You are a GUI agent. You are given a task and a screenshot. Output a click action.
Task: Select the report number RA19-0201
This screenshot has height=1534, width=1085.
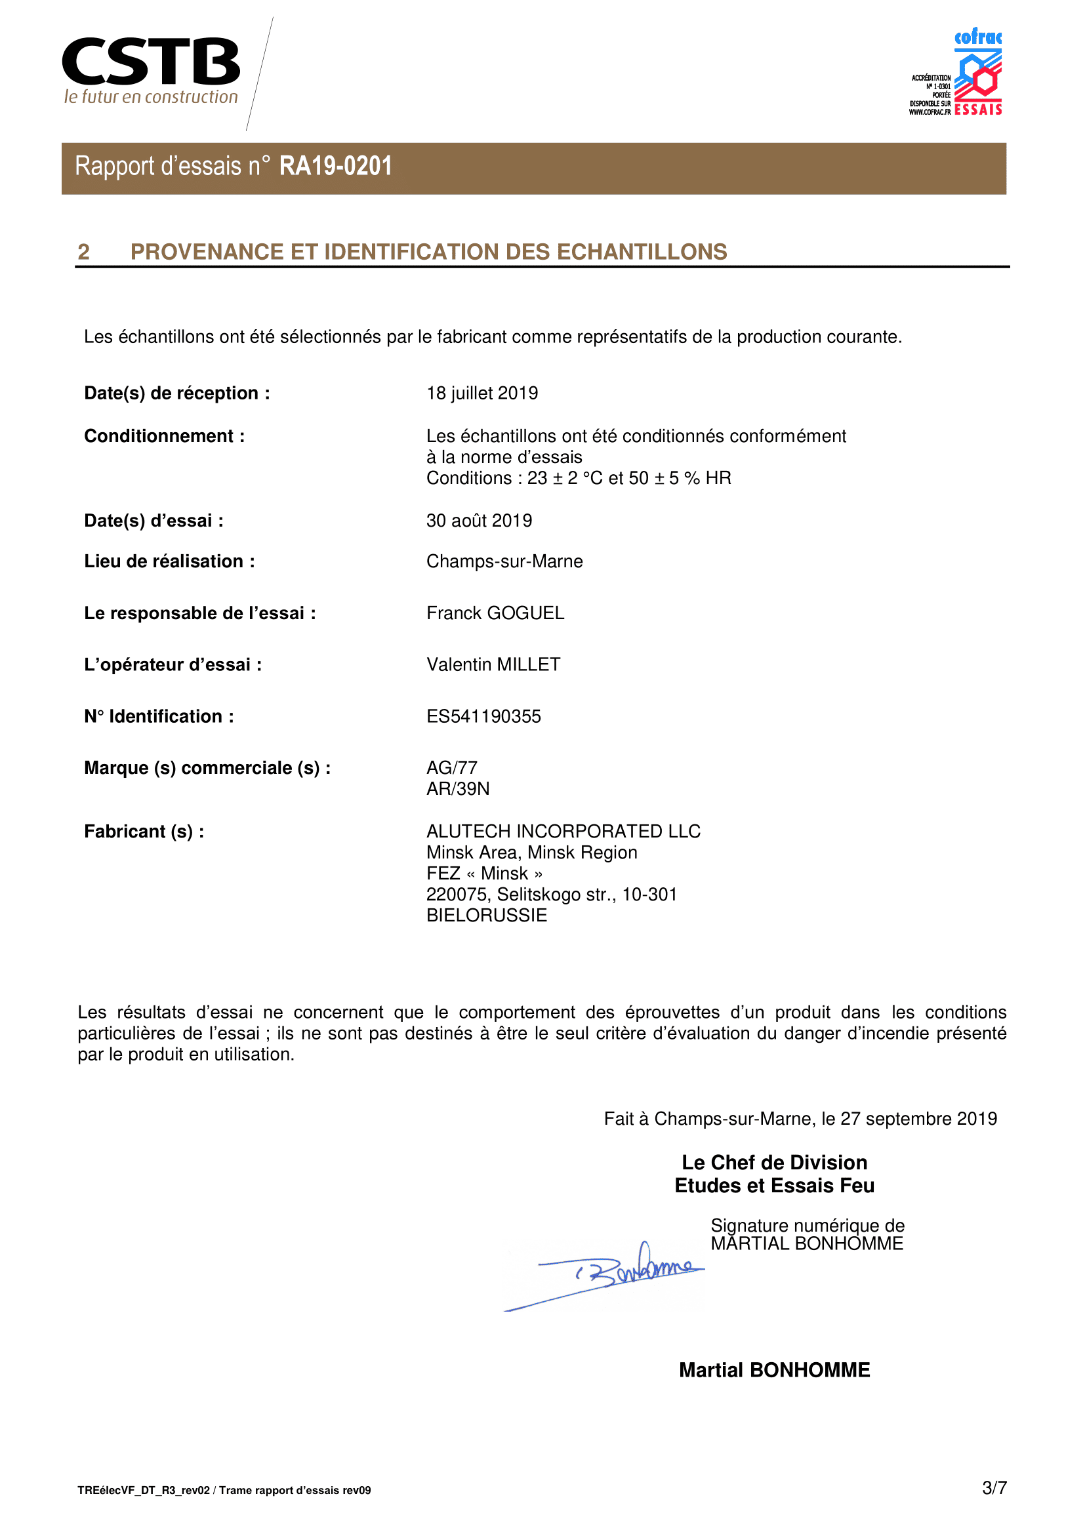pos(335,167)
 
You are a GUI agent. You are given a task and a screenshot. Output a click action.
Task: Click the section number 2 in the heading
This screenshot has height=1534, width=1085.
pos(83,252)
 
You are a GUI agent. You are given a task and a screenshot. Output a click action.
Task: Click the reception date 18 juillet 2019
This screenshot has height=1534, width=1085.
pos(481,393)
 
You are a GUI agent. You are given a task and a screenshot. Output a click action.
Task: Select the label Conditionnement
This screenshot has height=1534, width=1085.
pos(165,436)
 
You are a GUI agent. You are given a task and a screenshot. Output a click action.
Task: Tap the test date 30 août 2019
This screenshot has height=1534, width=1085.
pos(479,521)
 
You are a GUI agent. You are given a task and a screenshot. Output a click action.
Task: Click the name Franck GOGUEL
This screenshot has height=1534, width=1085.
pos(495,613)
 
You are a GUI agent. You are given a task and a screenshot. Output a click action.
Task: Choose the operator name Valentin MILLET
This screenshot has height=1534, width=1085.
pos(493,664)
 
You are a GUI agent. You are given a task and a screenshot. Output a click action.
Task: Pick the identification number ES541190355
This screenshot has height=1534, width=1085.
pos(483,716)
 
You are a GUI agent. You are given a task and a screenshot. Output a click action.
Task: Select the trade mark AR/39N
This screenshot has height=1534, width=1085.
pos(458,789)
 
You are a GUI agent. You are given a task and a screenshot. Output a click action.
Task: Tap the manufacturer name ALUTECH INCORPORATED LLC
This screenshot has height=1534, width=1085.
pos(563,831)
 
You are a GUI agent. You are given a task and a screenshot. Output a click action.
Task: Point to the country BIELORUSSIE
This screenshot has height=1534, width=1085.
pos(486,916)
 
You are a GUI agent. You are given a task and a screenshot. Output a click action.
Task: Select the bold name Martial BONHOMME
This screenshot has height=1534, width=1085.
pos(773,1370)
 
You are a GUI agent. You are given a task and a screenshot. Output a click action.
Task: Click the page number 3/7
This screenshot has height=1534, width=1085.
pos(994,1488)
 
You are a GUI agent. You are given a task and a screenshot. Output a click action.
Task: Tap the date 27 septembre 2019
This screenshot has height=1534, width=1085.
pos(918,1119)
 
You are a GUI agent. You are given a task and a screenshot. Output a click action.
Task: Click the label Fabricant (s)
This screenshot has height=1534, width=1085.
pos(144,831)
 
